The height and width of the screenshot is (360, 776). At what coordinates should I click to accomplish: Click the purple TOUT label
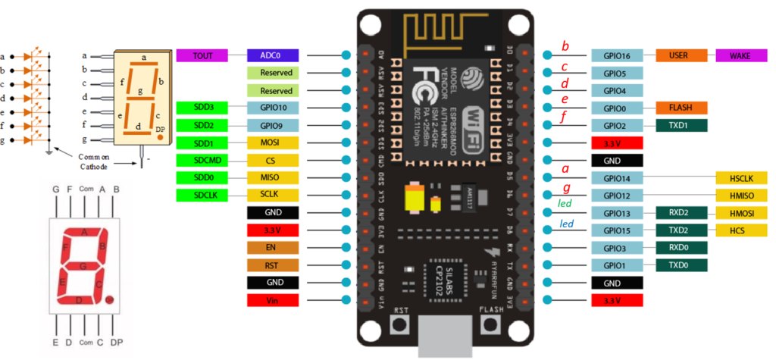(x=202, y=55)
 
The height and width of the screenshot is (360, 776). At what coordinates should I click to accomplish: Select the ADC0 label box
(x=273, y=55)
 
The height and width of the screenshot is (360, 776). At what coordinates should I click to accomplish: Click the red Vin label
(x=273, y=300)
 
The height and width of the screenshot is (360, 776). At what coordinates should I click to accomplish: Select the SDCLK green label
(x=202, y=196)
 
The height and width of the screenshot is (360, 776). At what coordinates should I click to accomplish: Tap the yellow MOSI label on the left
(x=273, y=143)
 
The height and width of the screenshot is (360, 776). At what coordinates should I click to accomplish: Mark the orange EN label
(x=273, y=248)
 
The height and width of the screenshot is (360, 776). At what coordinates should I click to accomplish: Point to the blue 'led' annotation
(x=566, y=224)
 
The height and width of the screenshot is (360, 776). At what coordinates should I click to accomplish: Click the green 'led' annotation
(x=565, y=205)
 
